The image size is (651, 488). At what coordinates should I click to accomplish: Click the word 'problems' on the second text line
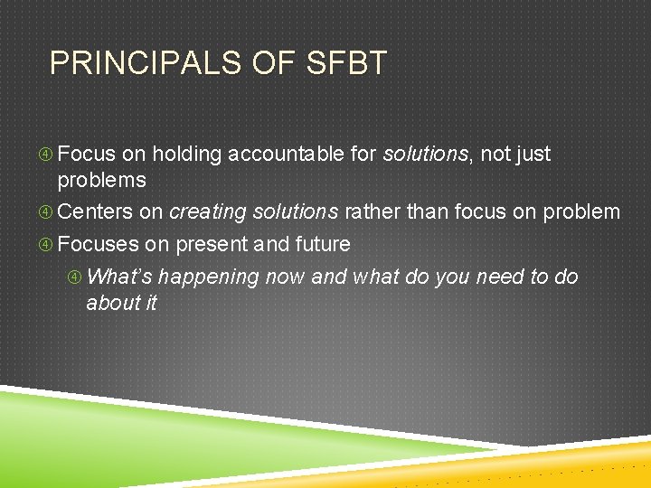pyautogui.click(x=101, y=181)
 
